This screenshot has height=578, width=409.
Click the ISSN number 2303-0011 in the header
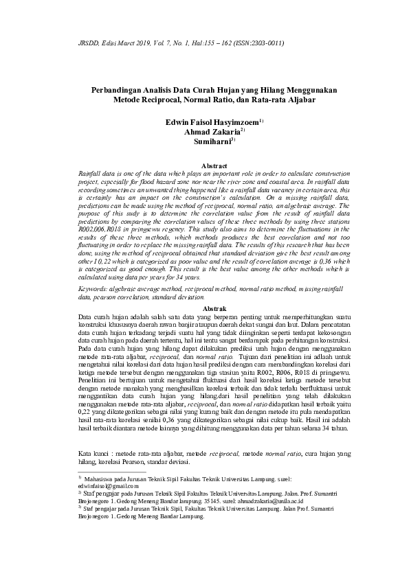(x=265, y=43)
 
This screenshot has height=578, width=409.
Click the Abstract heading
(x=212, y=165)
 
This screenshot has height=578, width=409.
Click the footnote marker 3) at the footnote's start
(x=80, y=509)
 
